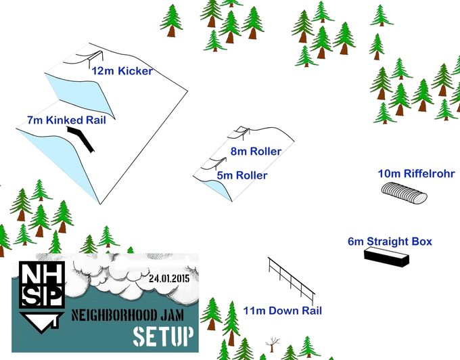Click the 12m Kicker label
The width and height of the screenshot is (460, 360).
tap(122, 71)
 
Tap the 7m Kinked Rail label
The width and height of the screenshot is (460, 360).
tap(66, 120)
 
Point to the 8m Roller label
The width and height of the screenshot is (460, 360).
tap(256, 151)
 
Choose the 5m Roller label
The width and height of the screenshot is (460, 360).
tap(242, 175)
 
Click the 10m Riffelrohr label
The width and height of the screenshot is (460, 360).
tap(416, 173)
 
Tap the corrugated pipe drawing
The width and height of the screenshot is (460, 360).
tap(404, 192)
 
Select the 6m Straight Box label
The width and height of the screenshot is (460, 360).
tap(390, 242)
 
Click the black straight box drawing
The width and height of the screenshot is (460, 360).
tap(386, 257)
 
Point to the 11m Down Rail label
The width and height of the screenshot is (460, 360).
tap(283, 311)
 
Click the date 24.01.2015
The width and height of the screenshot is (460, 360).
tap(169, 278)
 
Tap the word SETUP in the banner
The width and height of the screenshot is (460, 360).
tap(164, 336)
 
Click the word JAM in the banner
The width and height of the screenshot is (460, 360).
tap(172, 315)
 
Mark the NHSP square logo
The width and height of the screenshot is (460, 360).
tap(42, 285)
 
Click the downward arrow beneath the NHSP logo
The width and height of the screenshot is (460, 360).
tap(41, 323)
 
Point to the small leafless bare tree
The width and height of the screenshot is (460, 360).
tap(272, 344)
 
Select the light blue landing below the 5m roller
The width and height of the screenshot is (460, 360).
tap(216, 189)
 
